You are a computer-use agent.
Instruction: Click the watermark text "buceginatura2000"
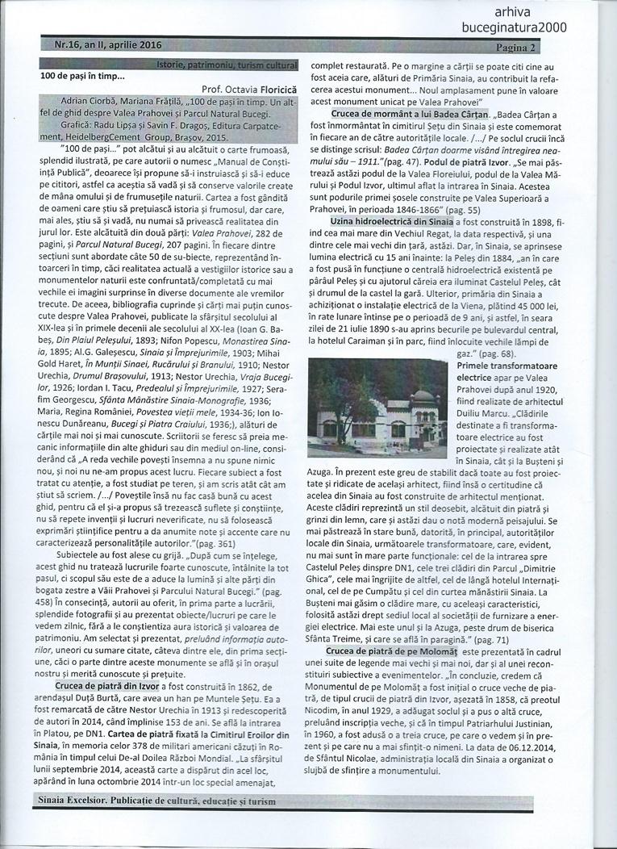click(525, 27)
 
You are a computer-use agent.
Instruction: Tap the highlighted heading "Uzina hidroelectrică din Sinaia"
click(390, 220)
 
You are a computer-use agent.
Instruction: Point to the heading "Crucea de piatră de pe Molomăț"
click(390, 650)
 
